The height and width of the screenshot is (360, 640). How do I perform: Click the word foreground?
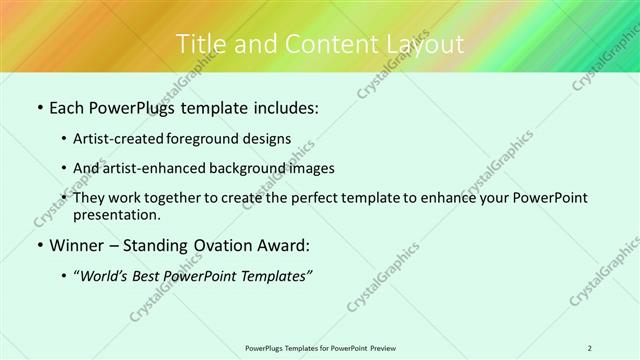220,139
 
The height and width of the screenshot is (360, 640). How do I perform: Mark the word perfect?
313,198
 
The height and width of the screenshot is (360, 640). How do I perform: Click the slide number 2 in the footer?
590,348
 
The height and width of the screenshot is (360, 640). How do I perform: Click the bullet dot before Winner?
39,246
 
